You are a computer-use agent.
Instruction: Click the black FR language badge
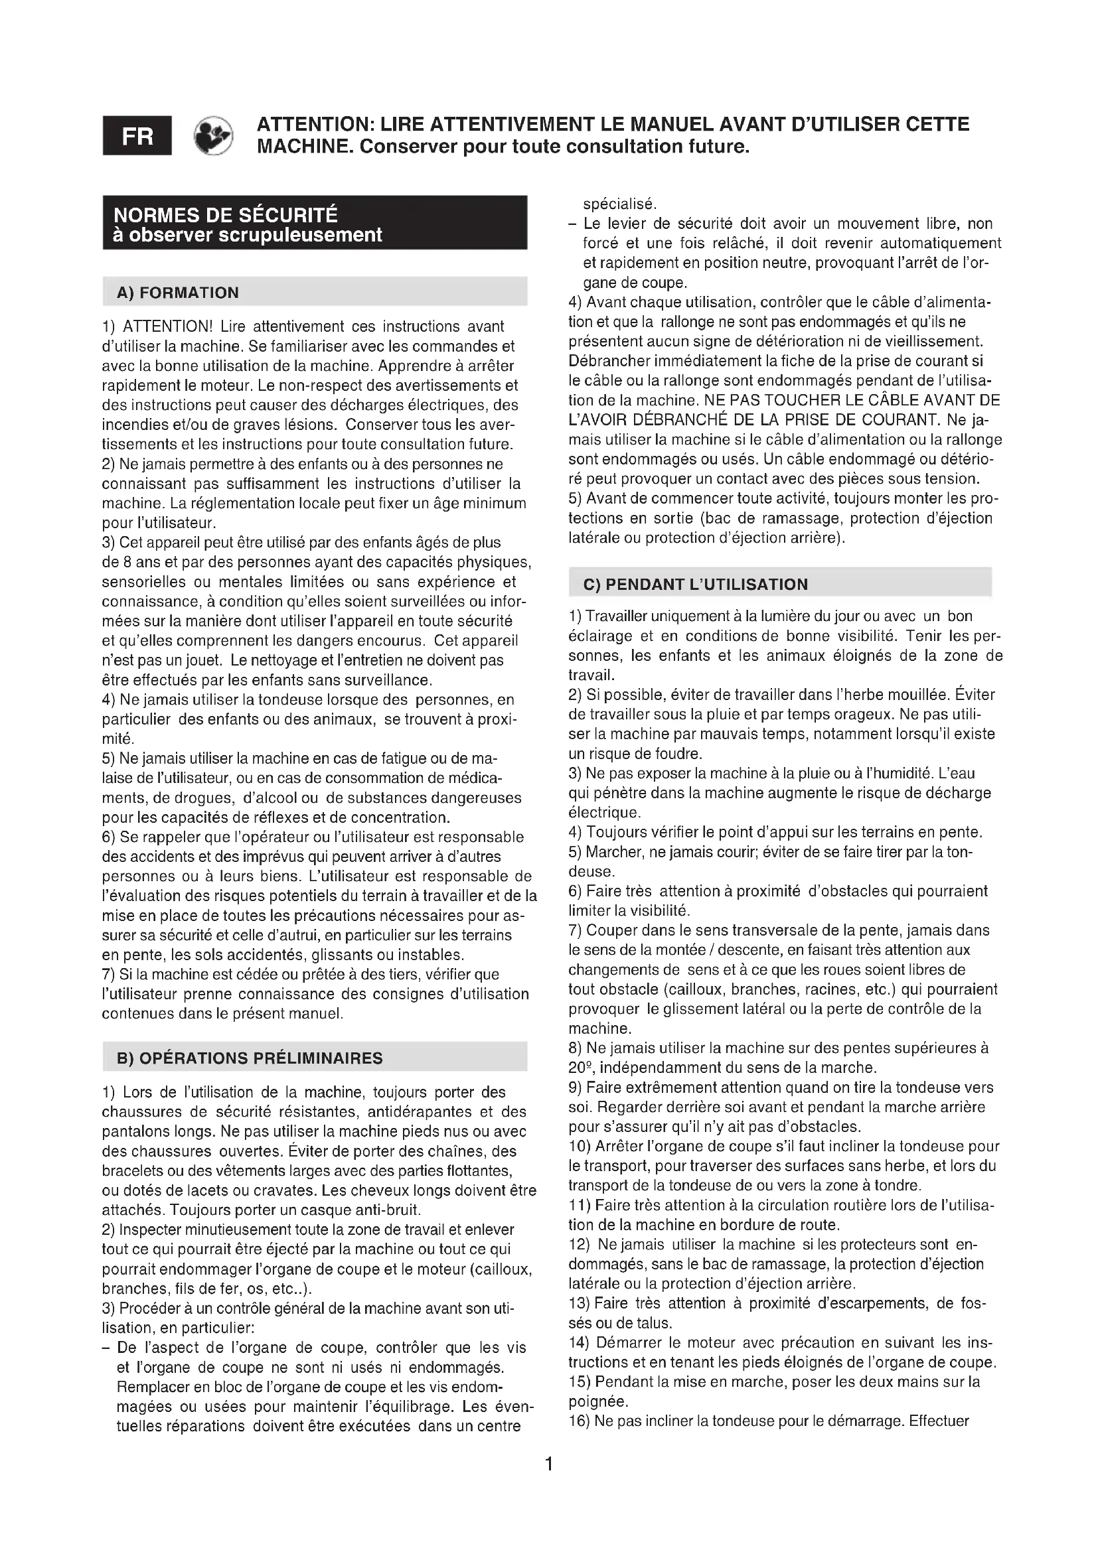pyautogui.click(x=137, y=136)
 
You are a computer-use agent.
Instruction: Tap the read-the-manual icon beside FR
pyautogui.click(x=213, y=136)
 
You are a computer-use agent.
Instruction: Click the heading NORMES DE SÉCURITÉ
pyautogui.click(x=226, y=215)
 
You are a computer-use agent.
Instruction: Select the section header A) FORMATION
pyautogui.click(x=178, y=293)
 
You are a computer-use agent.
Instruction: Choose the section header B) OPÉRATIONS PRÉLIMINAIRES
pyautogui.click(x=250, y=1058)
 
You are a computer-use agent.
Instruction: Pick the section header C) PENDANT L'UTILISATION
pyautogui.click(x=695, y=584)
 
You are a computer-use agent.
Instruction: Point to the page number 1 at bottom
pyautogui.click(x=549, y=1464)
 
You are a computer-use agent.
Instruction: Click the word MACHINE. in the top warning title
pyautogui.click(x=305, y=147)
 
